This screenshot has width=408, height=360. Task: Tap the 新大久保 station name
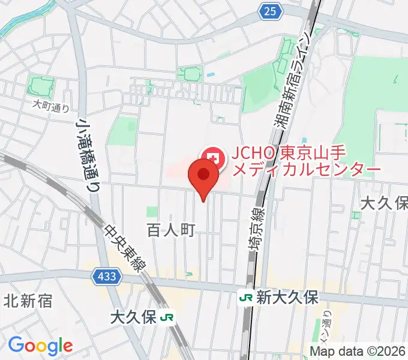[287, 297]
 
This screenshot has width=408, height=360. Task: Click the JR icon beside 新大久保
[245, 297]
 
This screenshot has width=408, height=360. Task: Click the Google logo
[40, 346]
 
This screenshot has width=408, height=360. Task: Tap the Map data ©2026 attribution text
[359, 351]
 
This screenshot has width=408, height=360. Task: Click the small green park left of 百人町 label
[152, 212]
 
